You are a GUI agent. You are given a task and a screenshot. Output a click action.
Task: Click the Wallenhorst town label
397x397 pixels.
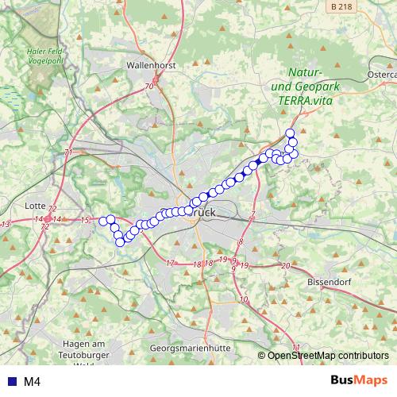point(148,66)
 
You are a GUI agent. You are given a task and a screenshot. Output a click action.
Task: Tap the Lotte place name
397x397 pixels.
point(36,206)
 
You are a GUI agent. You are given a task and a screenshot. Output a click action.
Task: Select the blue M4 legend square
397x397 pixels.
point(10,382)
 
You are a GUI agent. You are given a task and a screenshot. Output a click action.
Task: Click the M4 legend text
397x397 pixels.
point(33,382)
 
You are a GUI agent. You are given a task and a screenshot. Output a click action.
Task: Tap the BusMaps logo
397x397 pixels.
point(358,380)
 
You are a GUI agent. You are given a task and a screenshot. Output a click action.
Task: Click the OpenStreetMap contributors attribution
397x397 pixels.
point(327,356)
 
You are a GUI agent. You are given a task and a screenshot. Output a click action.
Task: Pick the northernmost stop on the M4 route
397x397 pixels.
point(290,133)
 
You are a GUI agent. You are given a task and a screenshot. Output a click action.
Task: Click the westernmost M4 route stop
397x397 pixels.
point(103,220)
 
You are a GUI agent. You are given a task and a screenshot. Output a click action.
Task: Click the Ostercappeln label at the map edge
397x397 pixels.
point(381,75)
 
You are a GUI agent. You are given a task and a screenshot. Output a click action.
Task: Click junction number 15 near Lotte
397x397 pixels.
point(85,220)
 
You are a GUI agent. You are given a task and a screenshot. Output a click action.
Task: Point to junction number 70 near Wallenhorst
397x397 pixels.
point(148,86)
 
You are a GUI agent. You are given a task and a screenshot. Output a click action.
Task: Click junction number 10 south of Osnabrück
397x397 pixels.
point(243,299)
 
